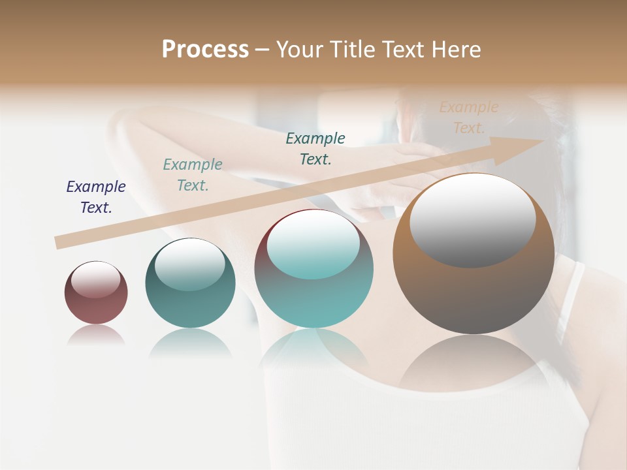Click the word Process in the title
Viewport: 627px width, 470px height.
click(205, 50)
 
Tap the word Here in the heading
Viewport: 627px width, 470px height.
click(455, 50)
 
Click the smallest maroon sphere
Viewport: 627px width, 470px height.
click(96, 293)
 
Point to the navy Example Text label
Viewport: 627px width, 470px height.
click(96, 197)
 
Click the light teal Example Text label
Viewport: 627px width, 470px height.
click(193, 175)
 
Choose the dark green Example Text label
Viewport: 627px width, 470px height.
click(315, 148)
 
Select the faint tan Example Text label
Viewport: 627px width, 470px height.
click(469, 117)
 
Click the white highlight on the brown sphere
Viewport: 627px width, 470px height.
click(472, 219)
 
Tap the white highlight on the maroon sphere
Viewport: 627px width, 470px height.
click(96, 280)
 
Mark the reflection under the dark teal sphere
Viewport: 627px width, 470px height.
click(190, 343)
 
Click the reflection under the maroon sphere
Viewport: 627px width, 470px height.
click(96, 335)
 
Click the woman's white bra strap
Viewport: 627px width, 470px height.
click(567, 300)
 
